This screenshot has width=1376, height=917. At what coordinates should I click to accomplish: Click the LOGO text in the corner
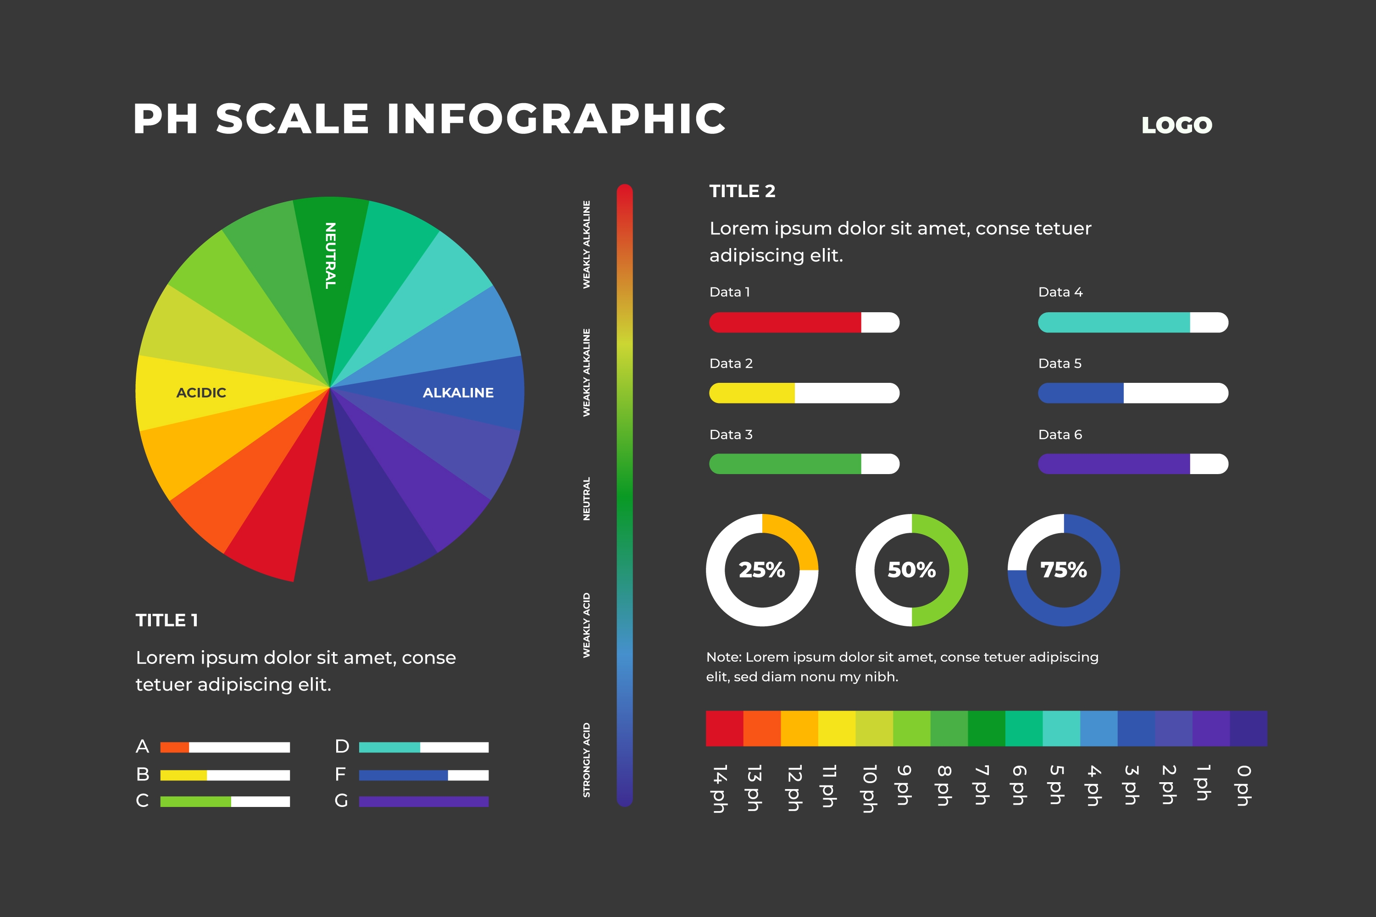[1176, 125]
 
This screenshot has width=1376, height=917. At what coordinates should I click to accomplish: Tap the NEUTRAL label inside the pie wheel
[331, 255]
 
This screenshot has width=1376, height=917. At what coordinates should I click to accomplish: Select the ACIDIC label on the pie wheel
[201, 392]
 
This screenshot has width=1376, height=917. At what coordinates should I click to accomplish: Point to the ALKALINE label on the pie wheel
[458, 392]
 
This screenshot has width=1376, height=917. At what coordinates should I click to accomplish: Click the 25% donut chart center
[762, 569]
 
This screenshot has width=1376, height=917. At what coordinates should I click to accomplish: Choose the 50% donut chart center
[911, 569]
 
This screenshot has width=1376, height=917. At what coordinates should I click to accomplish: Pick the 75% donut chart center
[1064, 569]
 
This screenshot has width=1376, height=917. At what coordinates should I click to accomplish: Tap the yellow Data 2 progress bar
[752, 393]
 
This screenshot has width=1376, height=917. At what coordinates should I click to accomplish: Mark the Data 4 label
[1060, 292]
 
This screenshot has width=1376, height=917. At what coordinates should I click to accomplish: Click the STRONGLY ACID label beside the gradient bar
[586, 760]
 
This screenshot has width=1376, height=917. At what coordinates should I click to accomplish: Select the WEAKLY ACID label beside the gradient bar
[586, 625]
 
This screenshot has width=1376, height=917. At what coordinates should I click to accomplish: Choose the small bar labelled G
[423, 801]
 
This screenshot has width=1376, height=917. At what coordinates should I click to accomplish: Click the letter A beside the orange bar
[142, 746]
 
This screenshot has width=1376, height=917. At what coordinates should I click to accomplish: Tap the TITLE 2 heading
[742, 191]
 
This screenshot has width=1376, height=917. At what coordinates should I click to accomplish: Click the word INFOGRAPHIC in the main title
[556, 119]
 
